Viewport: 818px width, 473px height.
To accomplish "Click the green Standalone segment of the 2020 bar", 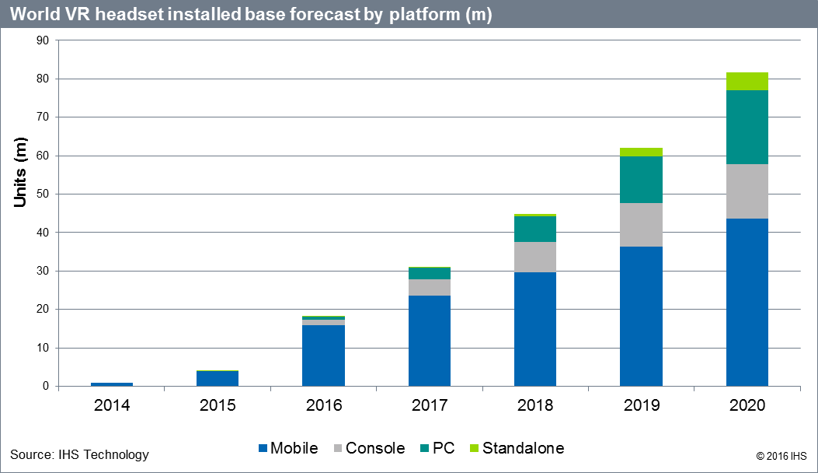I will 747,81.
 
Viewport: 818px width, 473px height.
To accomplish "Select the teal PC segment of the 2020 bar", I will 747,127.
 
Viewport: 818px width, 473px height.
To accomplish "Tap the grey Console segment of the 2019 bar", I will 641,225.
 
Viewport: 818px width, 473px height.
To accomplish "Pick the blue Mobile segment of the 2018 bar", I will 535,328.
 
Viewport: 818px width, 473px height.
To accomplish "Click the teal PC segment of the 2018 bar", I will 535,229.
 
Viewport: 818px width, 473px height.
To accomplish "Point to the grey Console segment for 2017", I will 429,287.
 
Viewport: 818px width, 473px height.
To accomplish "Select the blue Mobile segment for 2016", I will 323,355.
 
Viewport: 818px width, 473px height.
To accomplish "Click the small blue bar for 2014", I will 112,384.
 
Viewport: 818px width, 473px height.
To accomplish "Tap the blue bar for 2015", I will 218,378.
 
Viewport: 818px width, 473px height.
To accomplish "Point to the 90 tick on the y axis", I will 43,40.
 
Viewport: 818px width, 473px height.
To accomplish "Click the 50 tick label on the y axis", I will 43,194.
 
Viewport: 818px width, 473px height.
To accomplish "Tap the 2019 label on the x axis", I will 641,405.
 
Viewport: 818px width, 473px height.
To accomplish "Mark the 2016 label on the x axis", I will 323,405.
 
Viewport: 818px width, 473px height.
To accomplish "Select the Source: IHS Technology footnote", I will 79,454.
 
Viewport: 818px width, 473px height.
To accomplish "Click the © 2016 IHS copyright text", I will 781,454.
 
